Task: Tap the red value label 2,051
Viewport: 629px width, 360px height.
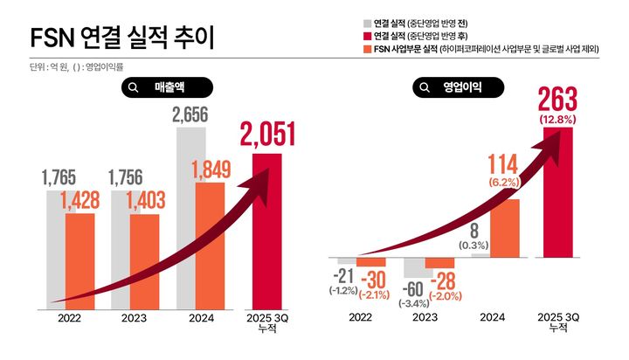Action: click(x=266, y=135)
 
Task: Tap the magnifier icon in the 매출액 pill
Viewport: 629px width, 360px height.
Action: click(x=134, y=87)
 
